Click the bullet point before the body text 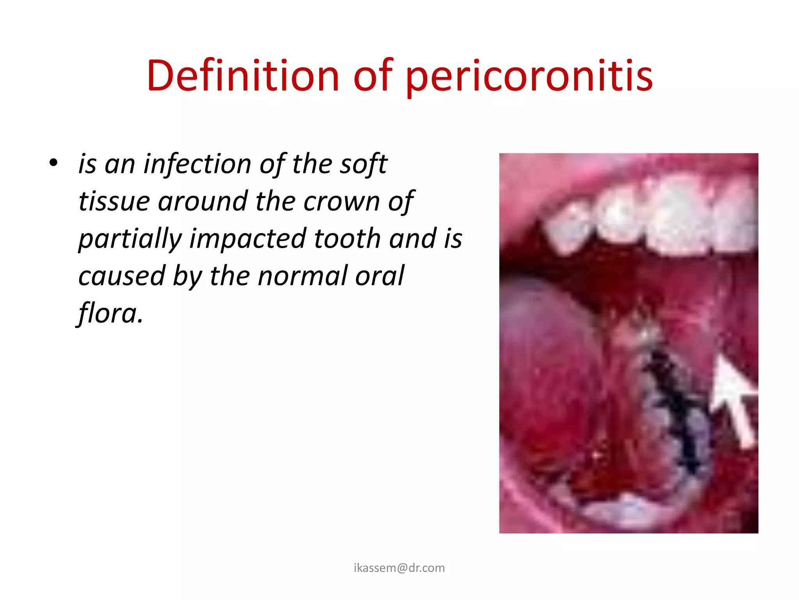[53, 163]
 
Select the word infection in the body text [197, 164]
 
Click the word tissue [114, 201]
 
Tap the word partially [130, 239]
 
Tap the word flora [110, 313]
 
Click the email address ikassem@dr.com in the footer [399, 568]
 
